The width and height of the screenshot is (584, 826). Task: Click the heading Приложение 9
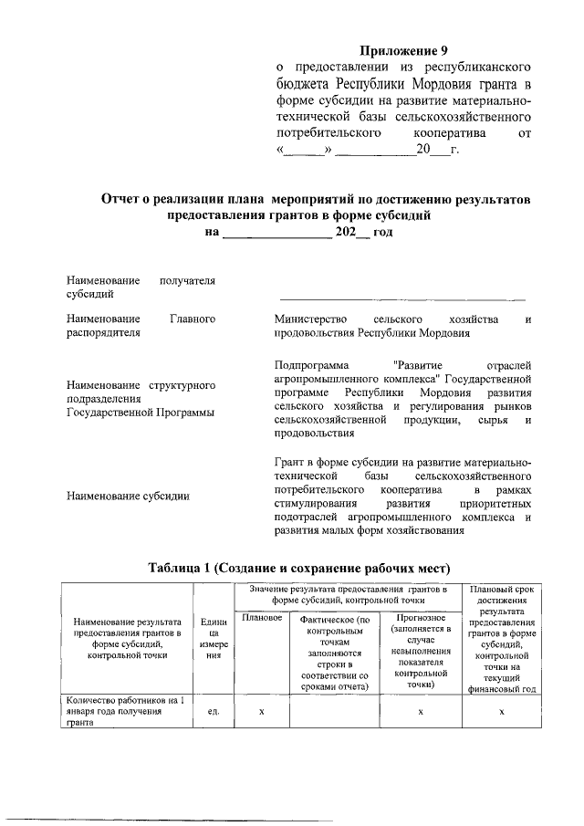pos(402,51)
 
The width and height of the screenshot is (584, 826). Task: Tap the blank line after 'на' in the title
pos(277,233)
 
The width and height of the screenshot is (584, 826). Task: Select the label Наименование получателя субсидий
pos(141,288)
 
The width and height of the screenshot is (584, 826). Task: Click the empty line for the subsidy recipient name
pos(401,297)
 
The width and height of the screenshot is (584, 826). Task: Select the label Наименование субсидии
pos(128,497)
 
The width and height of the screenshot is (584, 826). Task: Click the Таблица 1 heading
pos(287,568)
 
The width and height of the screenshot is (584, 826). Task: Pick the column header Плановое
pos(261,620)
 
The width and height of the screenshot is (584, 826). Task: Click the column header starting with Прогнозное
pos(419,649)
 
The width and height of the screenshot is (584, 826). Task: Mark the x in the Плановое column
pos(261,711)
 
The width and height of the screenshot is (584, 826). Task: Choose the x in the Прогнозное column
pos(419,711)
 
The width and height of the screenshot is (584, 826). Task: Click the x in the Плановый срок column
pos(502,711)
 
